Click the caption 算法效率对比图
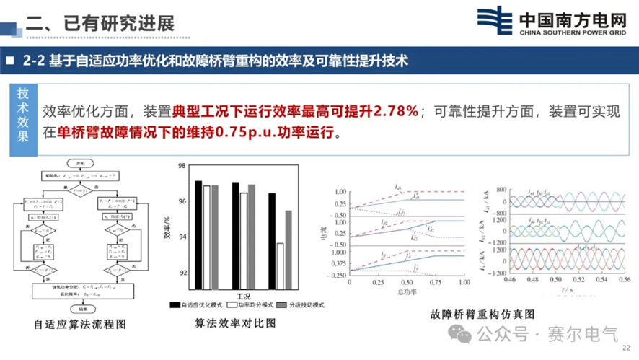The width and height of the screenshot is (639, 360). [236, 323]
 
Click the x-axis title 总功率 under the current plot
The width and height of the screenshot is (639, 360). [408, 292]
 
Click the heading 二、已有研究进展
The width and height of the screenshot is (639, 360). [101, 22]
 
